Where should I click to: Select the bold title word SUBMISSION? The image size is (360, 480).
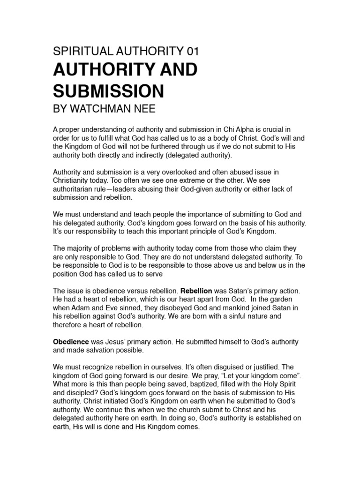point(108,90)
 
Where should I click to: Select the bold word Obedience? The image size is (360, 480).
point(71,342)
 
